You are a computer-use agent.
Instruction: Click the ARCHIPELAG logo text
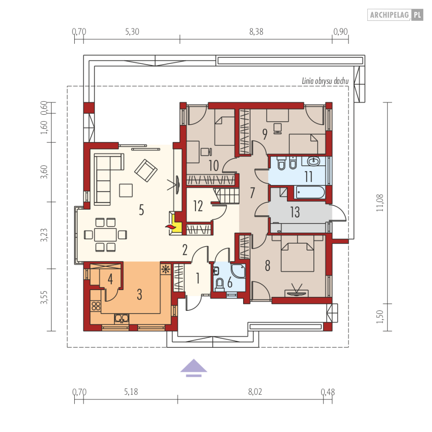[389, 15]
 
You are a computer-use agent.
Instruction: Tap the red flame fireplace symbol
[170, 227]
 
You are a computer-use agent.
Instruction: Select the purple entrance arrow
[194, 368]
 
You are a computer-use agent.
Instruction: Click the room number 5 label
[141, 210]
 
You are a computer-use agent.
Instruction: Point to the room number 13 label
[295, 212]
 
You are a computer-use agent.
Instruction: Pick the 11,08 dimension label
[380, 203]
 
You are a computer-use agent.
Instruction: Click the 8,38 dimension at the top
[256, 32]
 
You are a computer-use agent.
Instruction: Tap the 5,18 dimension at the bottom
[131, 392]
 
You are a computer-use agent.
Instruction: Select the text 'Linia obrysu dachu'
[325, 81]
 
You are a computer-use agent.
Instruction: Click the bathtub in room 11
[310, 192]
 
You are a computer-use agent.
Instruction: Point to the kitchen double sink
[122, 319]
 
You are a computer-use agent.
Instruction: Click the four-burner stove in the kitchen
[96, 306]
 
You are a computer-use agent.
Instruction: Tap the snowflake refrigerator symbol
[165, 269]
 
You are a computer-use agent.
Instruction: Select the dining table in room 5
[105, 235]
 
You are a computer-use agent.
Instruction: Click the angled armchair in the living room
[146, 170]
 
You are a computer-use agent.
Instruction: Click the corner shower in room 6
[238, 271]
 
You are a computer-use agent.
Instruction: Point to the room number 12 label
[198, 206]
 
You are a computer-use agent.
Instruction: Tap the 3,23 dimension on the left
[44, 235]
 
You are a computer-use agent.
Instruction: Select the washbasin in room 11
[313, 161]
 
